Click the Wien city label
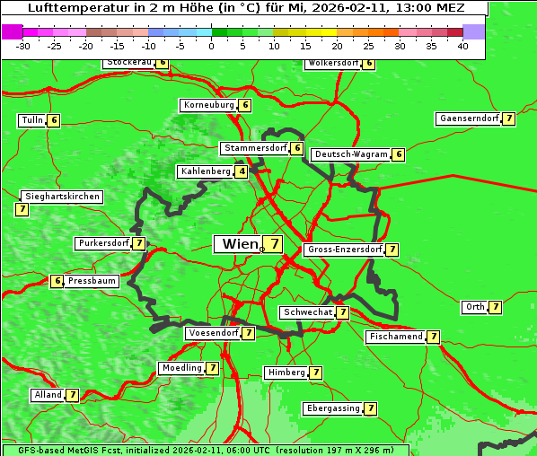(x=239, y=244)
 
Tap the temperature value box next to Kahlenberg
(x=242, y=171)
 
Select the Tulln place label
(x=31, y=120)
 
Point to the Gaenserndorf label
(x=467, y=118)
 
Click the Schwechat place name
(x=306, y=312)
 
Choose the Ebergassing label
(x=332, y=408)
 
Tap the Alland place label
(x=48, y=395)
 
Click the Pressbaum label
(x=92, y=281)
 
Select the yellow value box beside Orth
(x=495, y=307)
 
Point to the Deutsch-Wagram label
(x=351, y=154)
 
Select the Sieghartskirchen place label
(x=61, y=197)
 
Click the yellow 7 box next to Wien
(x=272, y=244)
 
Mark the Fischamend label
(x=395, y=337)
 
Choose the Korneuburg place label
(x=208, y=105)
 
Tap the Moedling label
(x=180, y=368)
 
